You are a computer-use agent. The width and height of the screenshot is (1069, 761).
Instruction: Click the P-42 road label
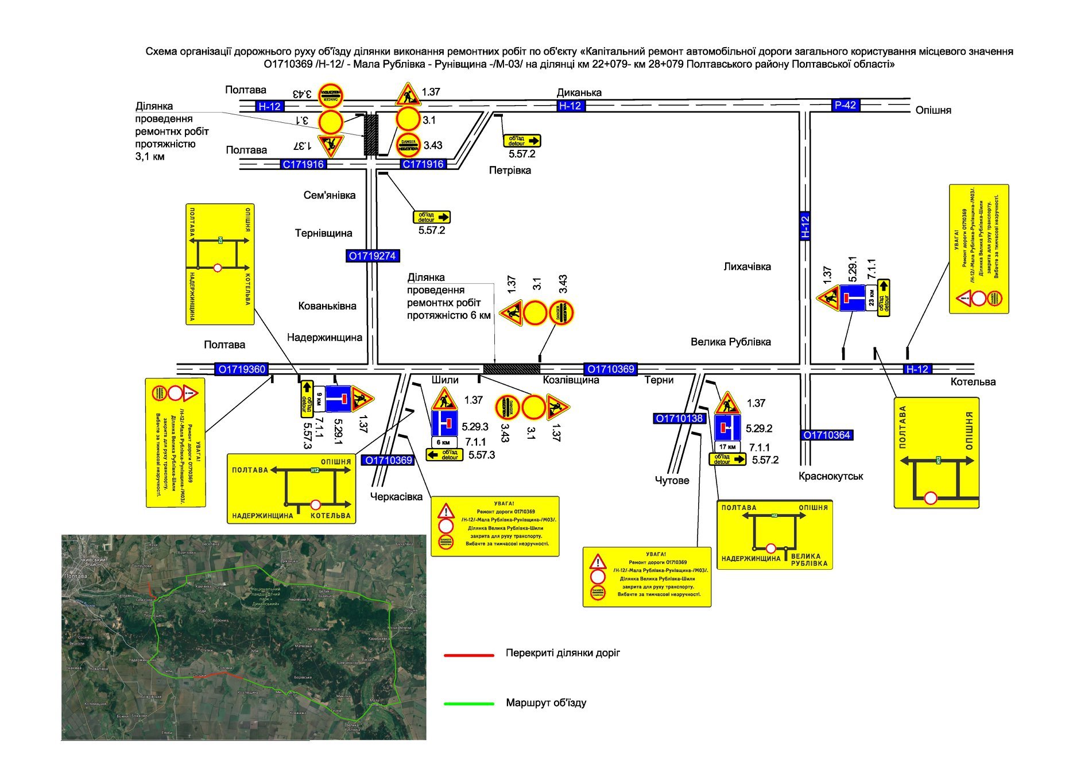coord(845,105)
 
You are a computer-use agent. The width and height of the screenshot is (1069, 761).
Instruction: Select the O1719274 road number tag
coord(373,256)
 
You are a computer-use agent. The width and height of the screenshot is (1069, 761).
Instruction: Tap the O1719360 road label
coord(242,369)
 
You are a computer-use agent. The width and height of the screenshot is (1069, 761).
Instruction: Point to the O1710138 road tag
coord(679,418)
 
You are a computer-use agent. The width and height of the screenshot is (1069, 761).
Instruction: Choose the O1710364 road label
coord(826,435)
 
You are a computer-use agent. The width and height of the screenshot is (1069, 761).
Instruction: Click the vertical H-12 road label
coord(805,226)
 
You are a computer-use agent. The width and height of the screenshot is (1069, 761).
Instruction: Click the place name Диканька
coord(579,92)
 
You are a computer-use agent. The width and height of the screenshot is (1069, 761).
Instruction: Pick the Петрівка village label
coord(510,170)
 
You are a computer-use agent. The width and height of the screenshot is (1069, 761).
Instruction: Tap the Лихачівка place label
coord(747,266)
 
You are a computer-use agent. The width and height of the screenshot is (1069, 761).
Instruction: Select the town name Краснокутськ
coord(831,476)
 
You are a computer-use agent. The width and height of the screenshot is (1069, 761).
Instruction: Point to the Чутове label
coord(672,480)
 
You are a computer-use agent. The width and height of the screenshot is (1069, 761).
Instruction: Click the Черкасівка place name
coord(396,497)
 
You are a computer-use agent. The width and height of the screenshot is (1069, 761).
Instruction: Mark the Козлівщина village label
coord(571,380)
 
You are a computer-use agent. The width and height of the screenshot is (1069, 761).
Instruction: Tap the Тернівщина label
coord(323,233)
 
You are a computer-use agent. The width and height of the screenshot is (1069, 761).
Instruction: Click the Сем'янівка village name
coord(329,195)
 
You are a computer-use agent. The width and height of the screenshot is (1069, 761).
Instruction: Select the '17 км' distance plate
coord(727,447)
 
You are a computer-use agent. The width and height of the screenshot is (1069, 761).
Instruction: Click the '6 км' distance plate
coord(444,442)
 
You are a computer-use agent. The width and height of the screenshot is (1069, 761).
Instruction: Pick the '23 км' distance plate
coord(872,298)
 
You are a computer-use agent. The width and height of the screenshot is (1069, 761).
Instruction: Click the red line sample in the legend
coord(468,655)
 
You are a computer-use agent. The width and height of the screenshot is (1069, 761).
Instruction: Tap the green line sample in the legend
coord(468,704)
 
